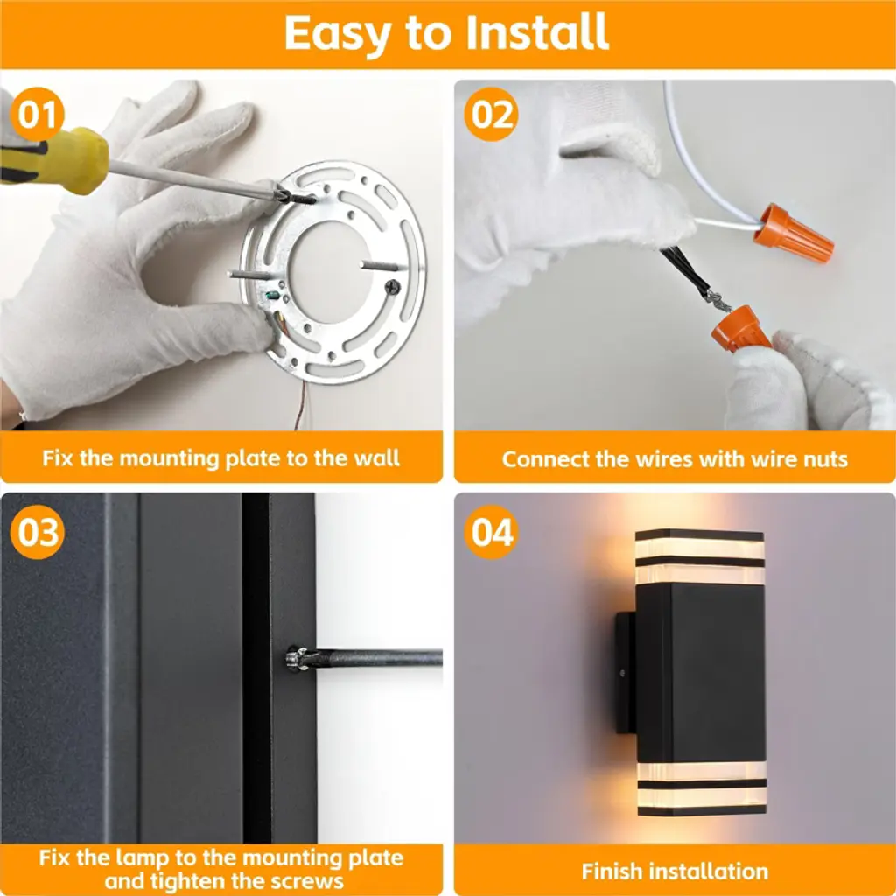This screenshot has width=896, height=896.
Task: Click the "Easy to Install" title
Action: tap(446, 32)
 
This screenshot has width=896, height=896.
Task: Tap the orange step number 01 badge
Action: tap(37, 115)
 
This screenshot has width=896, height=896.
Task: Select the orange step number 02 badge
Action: tap(491, 115)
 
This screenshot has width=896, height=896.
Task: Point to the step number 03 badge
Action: tap(37, 532)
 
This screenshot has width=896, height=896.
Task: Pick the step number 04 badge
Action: tap(491, 532)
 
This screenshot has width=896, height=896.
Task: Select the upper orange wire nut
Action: tap(794, 233)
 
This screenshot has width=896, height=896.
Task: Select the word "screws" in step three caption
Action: tap(307, 880)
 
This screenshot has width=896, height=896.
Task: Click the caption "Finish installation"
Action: tap(675, 871)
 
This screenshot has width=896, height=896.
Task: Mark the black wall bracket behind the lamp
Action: tap(625, 673)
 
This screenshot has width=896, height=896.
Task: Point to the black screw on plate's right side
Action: tap(393, 286)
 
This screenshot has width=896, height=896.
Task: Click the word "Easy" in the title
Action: tap(338, 34)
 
